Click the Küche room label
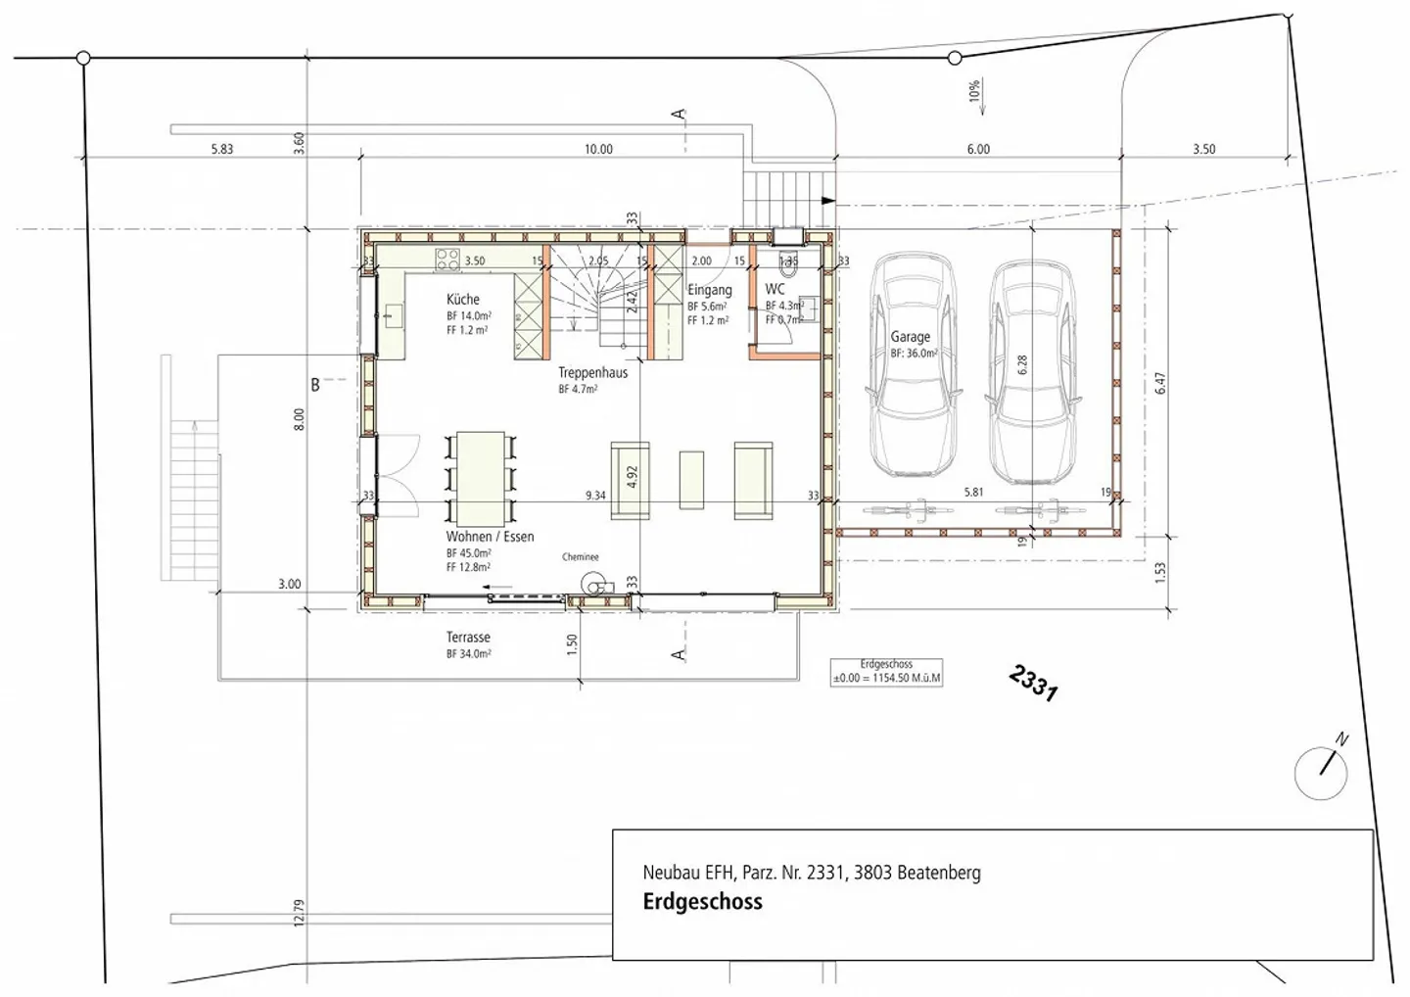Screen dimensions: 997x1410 click(463, 299)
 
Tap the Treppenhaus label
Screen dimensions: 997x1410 click(592, 372)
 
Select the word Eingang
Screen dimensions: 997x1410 click(709, 290)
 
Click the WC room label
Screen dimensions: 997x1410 click(775, 289)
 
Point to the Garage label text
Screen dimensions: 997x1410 click(910, 336)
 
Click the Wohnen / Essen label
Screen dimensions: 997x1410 click(490, 536)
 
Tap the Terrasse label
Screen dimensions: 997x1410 click(468, 638)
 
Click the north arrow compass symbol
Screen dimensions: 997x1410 click(1321, 771)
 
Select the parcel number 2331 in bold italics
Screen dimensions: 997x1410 click(1033, 683)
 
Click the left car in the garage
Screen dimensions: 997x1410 click(914, 364)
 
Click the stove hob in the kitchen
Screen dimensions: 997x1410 click(447, 260)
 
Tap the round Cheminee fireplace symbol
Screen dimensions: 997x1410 click(591, 583)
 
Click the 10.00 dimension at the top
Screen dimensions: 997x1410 click(598, 150)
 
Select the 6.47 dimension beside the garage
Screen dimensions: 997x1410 click(1160, 383)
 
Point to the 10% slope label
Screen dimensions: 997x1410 click(973, 92)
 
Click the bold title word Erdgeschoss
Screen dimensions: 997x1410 click(702, 902)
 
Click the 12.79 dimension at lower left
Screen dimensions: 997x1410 click(299, 913)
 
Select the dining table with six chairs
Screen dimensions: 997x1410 click(480, 476)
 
